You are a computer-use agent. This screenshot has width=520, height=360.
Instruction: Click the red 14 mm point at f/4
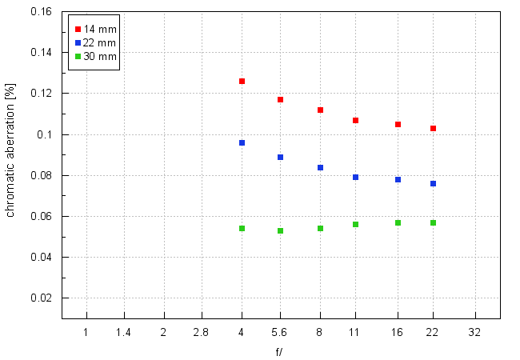click(242, 82)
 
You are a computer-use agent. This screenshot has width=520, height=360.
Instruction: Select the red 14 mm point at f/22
click(433, 128)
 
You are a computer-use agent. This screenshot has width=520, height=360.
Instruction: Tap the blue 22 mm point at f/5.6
click(280, 157)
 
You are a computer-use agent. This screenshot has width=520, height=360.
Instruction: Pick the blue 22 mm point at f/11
click(355, 177)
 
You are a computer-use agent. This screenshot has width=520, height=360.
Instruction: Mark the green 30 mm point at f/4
click(242, 228)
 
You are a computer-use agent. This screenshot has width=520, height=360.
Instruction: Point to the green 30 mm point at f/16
click(398, 222)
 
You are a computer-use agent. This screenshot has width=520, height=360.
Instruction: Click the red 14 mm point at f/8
click(320, 110)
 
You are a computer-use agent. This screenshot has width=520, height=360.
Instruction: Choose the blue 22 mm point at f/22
click(433, 183)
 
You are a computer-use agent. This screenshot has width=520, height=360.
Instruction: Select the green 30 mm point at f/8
click(320, 228)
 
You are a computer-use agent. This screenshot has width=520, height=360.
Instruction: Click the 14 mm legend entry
click(94, 30)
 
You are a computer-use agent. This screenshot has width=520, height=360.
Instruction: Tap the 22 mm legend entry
click(94, 43)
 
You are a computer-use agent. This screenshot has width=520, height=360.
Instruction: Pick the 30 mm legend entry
click(94, 57)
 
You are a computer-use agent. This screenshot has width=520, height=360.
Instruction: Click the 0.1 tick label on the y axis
click(46, 134)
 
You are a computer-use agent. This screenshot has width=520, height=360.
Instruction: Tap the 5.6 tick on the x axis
click(280, 331)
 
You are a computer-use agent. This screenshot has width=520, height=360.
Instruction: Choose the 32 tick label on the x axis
click(475, 331)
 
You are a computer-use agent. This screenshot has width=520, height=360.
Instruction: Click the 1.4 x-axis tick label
click(123, 331)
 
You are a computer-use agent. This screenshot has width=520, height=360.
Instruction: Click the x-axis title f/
click(278, 351)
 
